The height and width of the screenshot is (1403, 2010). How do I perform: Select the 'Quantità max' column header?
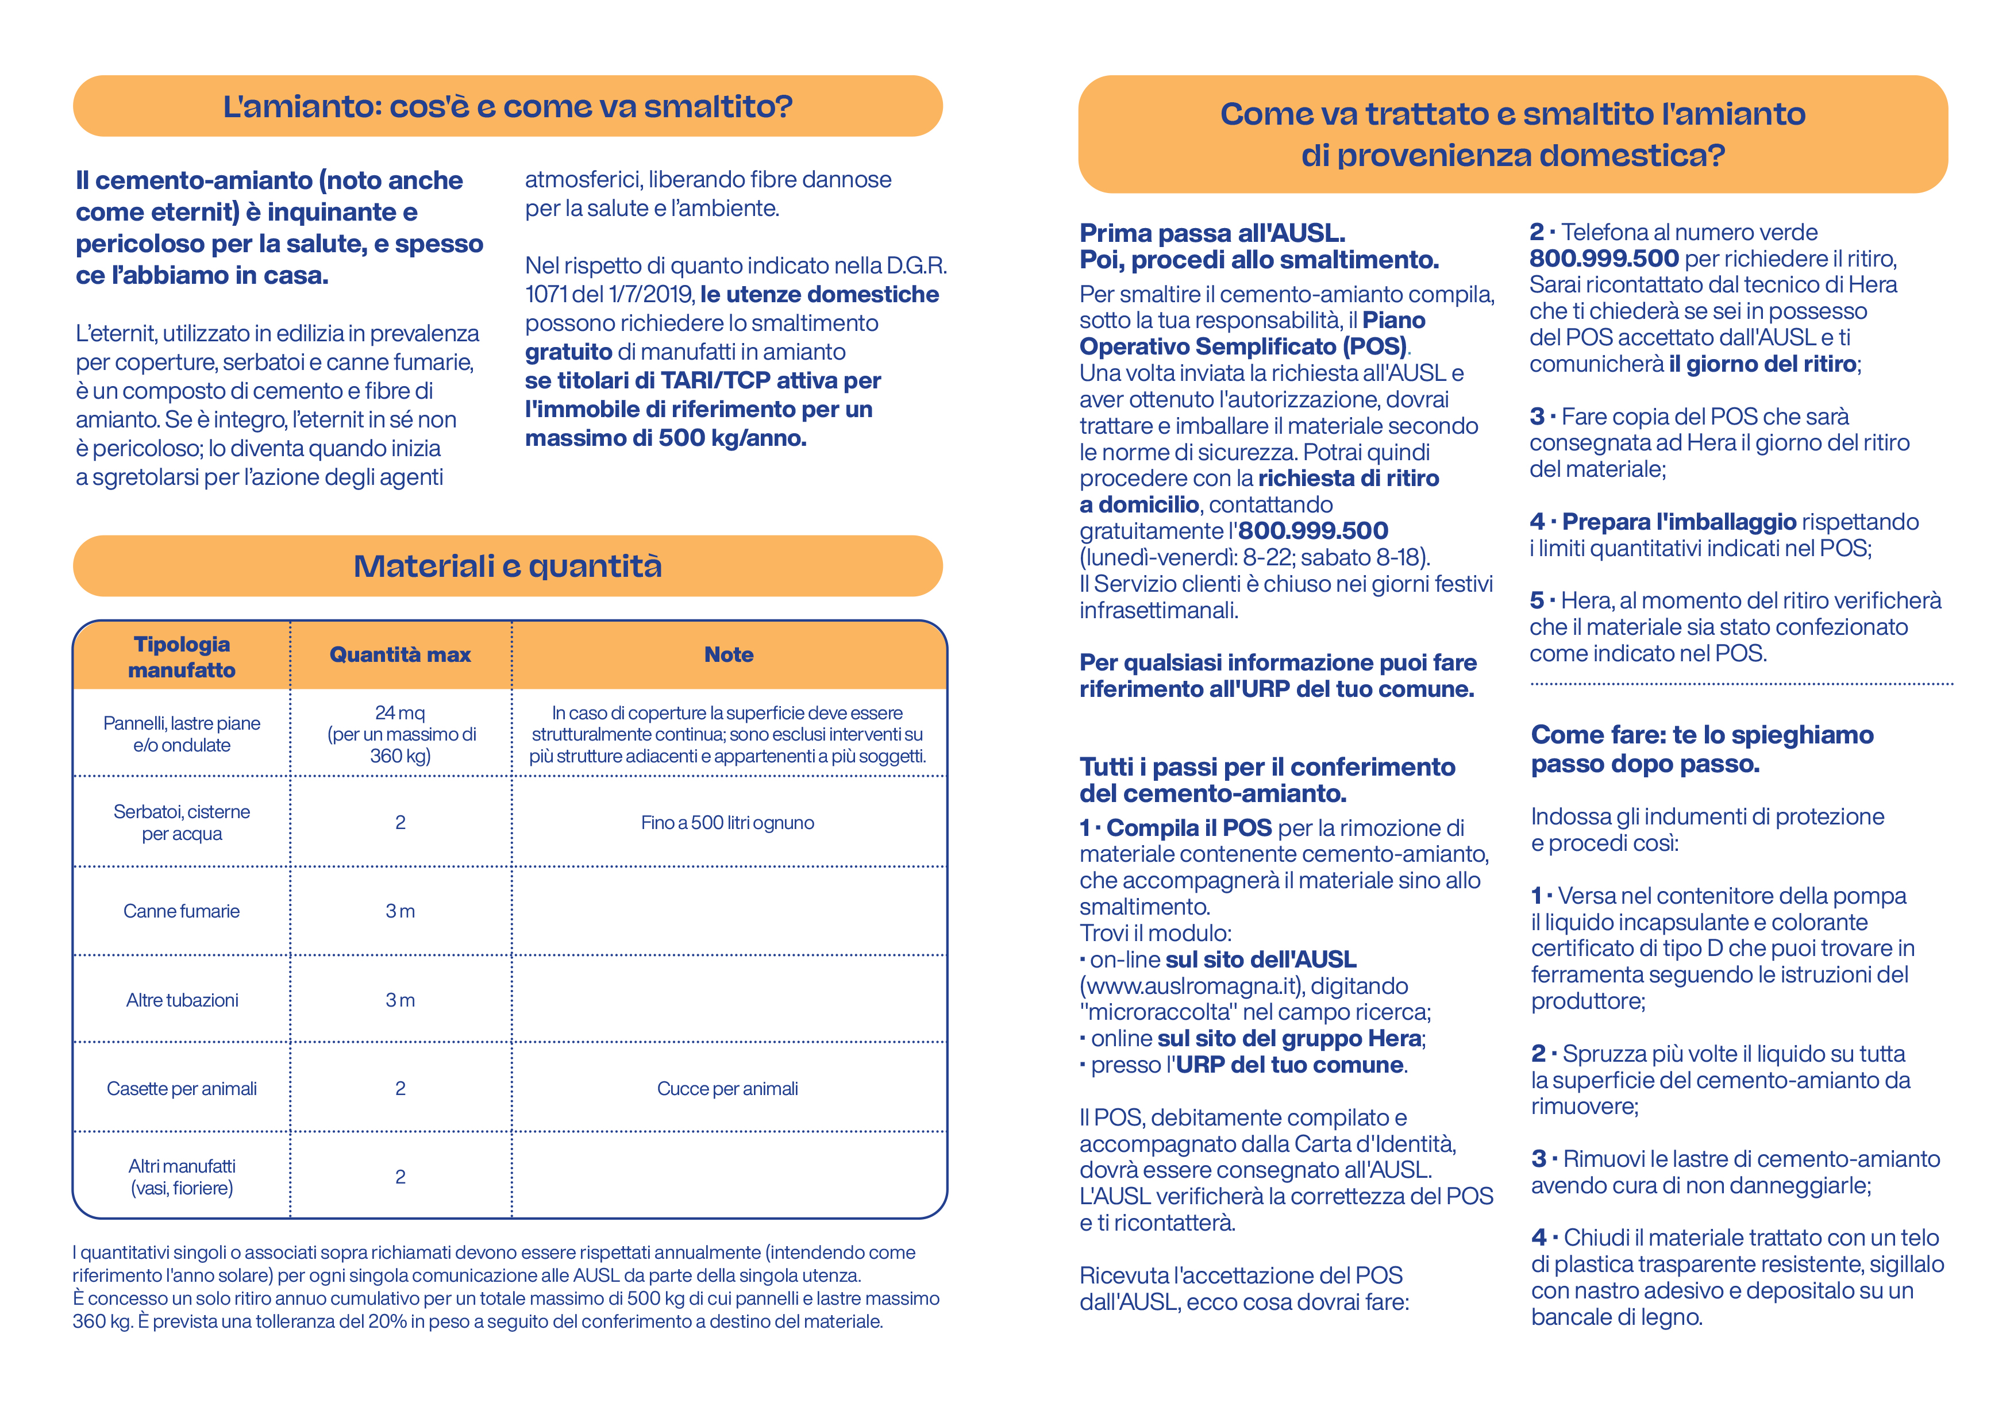(400, 654)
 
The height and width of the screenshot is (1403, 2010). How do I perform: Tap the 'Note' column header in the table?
(729, 654)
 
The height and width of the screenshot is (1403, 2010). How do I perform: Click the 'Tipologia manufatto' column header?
(182, 657)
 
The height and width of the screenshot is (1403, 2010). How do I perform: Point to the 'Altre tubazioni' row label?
(182, 1000)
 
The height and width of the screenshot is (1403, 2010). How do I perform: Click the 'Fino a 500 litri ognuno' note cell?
(727, 823)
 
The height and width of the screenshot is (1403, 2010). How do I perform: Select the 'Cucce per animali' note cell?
(727, 1089)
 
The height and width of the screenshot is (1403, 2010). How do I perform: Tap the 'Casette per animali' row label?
(182, 1089)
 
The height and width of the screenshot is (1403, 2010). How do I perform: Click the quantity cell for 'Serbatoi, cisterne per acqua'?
(400, 823)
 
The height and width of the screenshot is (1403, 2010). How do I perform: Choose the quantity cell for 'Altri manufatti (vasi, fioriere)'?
(400, 1177)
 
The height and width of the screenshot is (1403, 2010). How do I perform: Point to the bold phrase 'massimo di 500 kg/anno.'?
(665, 438)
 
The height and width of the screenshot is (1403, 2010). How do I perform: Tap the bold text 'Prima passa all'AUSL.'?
(1212, 233)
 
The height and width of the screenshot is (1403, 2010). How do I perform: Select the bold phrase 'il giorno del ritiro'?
(1762, 364)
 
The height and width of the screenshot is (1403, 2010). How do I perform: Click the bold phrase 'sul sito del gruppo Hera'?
(1289, 1039)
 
